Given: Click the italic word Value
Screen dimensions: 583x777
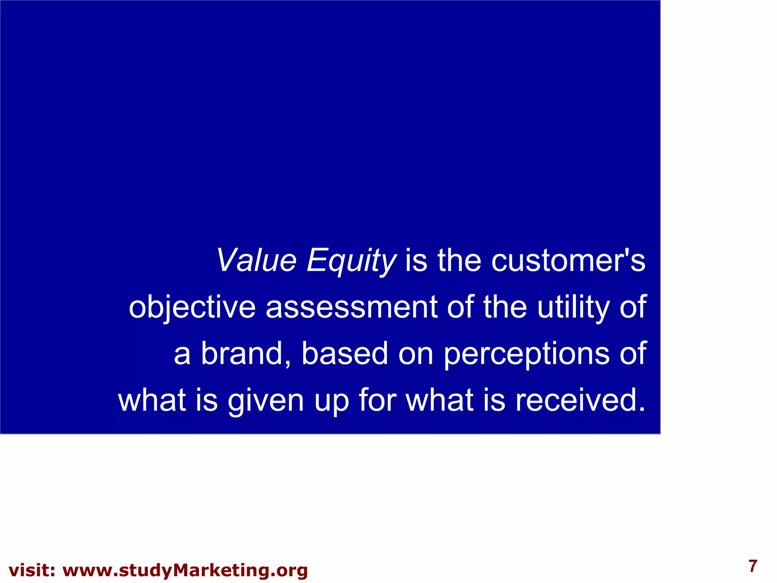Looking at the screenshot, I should click(x=256, y=260).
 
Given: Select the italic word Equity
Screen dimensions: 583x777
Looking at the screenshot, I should click(x=351, y=261).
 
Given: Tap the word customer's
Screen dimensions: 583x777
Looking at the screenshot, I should click(x=568, y=260).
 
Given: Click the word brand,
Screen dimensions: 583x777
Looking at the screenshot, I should click(x=246, y=354).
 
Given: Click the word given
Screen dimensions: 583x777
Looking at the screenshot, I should click(x=266, y=401).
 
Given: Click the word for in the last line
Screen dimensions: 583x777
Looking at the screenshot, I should click(x=377, y=400).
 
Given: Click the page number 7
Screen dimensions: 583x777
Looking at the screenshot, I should click(x=753, y=566).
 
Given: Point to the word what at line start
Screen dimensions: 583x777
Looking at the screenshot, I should click(x=152, y=400).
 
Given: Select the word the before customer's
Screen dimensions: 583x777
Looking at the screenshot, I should click(x=459, y=260).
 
